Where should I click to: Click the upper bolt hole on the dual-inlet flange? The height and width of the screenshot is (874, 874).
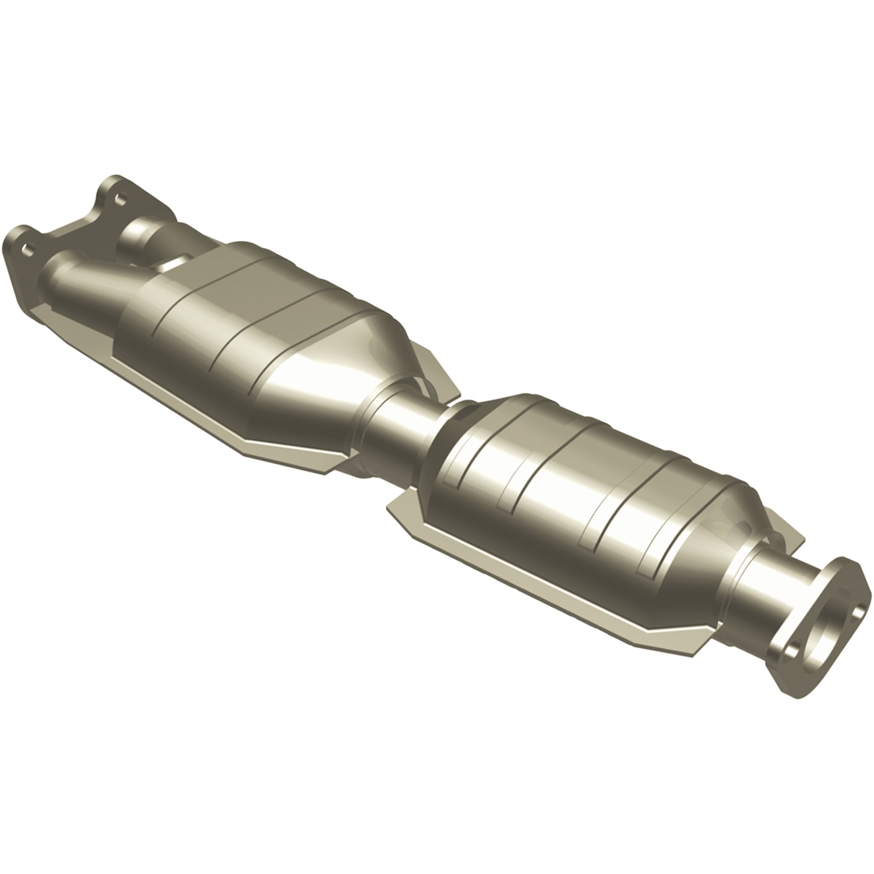click(x=120, y=199)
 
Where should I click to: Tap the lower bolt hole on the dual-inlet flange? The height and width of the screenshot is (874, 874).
click(x=26, y=249)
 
